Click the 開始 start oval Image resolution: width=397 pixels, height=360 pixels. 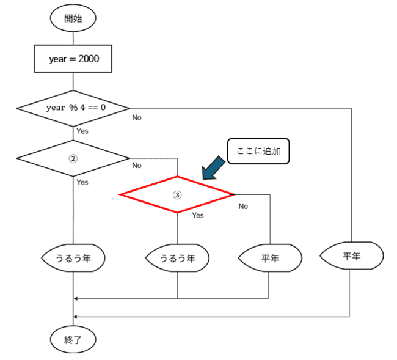point(73,18)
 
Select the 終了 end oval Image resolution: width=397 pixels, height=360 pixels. point(73,339)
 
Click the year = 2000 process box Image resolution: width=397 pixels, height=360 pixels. point(73,59)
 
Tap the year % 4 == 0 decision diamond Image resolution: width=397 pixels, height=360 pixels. point(73,108)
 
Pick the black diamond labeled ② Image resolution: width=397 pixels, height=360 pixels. point(73,158)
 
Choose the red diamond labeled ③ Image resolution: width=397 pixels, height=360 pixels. point(177,194)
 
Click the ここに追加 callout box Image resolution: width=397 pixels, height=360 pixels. point(258,151)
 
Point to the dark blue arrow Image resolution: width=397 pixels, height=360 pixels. point(213,168)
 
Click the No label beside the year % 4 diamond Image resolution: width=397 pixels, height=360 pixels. point(137,117)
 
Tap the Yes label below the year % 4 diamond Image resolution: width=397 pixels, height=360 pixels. point(82,131)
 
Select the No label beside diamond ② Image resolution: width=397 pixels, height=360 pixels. point(137,166)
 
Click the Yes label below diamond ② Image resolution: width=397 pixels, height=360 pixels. point(82,182)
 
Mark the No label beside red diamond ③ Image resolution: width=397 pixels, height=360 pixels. point(243,206)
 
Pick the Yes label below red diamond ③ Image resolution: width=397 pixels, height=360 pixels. point(198,215)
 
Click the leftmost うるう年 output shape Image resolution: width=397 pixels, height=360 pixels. point(73,258)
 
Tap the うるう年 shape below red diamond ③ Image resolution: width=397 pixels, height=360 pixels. point(177,258)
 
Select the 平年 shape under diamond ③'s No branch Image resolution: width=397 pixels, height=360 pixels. point(270,258)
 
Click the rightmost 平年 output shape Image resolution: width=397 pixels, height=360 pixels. point(352,255)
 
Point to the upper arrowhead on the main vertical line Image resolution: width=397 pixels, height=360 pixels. point(75,299)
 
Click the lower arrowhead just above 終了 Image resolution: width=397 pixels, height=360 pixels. point(75,317)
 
